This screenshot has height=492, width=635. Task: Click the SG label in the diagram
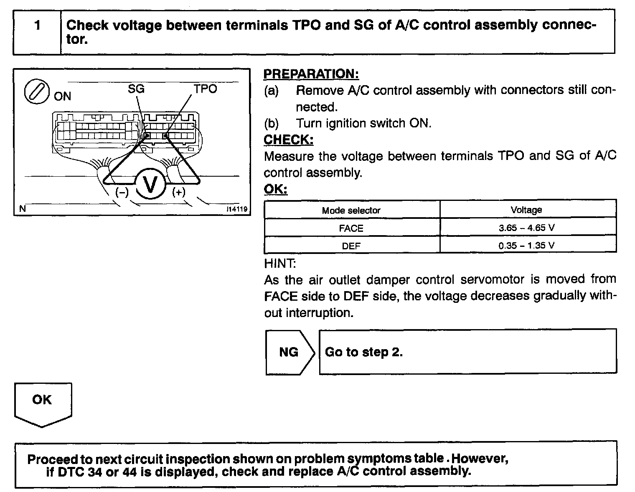click(136, 89)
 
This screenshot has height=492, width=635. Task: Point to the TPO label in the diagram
click(205, 89)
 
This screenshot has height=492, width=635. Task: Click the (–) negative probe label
click(122, 193)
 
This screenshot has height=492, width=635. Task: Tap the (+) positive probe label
click(178, 193)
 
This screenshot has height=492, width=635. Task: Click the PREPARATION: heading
click(311, 74)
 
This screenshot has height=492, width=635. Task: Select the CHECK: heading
click(289, 139)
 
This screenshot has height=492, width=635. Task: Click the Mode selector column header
click(351, 210)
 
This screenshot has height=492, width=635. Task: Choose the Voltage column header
click(526, 210)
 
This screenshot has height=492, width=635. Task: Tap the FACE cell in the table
click(351, 228)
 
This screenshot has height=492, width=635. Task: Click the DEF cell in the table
click(351, 246)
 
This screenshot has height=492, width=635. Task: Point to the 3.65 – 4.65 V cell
click(526, 228)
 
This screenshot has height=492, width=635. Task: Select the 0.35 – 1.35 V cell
click(526, 246)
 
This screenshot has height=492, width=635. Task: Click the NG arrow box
click(289, 352)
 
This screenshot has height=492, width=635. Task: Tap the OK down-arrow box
click(43, 403)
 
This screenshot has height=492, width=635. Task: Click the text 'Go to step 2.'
click(363, 352)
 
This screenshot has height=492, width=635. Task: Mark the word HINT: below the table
click(280, 264)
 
